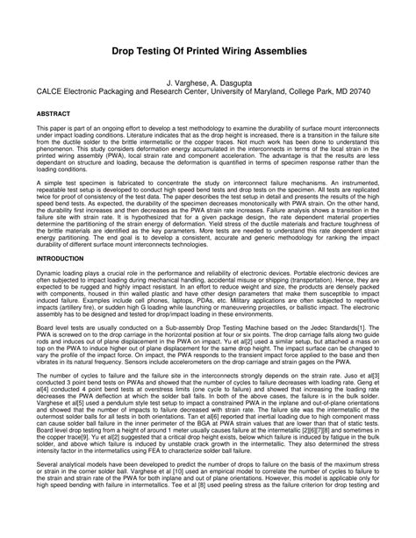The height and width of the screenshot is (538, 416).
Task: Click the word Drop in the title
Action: (x=123, y=53)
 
